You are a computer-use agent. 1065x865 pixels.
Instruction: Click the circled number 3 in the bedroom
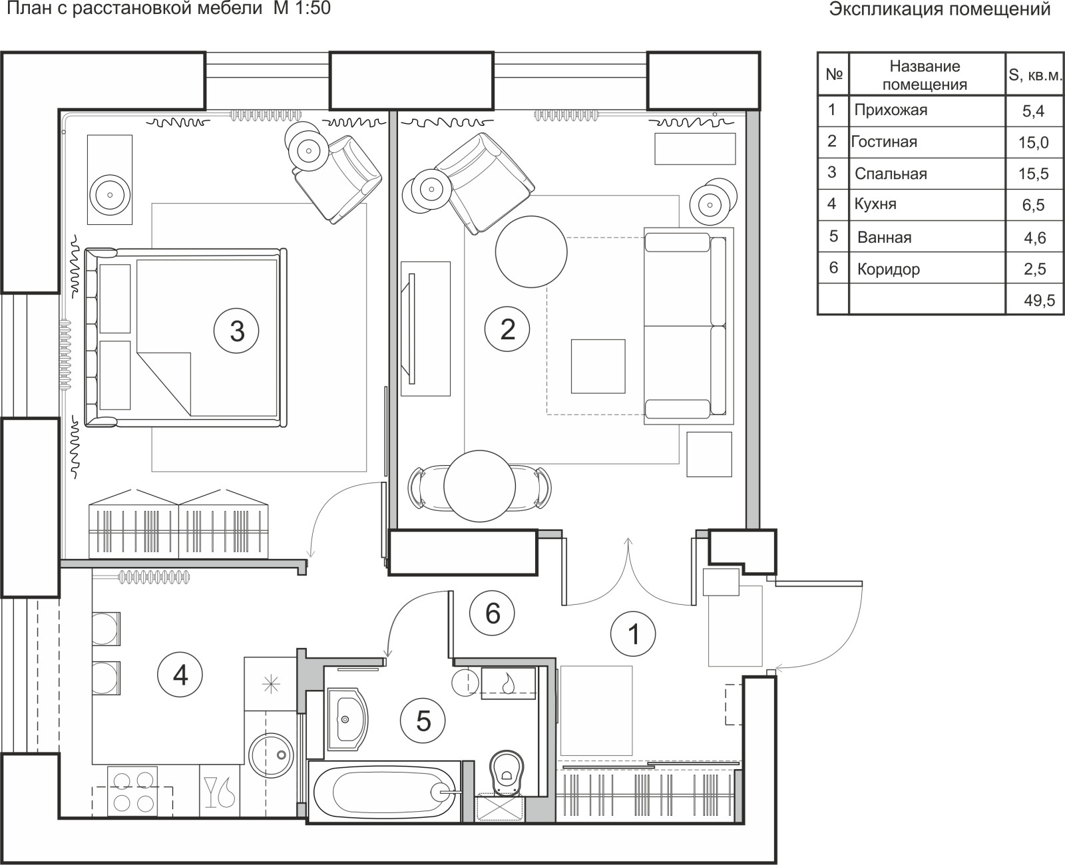(236, 331)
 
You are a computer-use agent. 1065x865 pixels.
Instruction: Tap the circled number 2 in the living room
(507, 329)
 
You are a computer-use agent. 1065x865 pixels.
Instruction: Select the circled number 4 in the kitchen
(180, 675)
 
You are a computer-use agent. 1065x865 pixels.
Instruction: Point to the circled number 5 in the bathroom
(423, 721)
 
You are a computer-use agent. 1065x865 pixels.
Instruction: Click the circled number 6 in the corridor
(493, 613)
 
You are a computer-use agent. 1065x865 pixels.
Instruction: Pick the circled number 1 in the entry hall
(633, 633)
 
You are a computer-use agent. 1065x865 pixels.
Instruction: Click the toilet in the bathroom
(507, 773)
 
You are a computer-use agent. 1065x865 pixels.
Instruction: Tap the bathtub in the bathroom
(385, 792)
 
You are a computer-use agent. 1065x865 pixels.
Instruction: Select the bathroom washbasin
(347, 719)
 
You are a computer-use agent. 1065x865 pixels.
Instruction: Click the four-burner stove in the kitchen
(133, 792)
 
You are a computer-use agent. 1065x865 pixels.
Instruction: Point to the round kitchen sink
(271, 755)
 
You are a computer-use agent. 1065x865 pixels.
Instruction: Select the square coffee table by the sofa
(598, 366)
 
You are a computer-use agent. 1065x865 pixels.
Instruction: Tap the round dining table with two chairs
(479, 486)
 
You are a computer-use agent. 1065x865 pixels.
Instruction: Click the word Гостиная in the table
(884, 142)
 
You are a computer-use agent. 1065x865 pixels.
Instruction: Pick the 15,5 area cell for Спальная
(1034, 174)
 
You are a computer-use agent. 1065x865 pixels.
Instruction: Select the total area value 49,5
(1040, 300)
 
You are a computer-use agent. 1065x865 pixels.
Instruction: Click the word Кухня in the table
(875, 204)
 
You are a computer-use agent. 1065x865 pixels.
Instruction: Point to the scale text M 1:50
(302, 9)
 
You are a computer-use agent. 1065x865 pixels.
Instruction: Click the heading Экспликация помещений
(940, 9)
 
